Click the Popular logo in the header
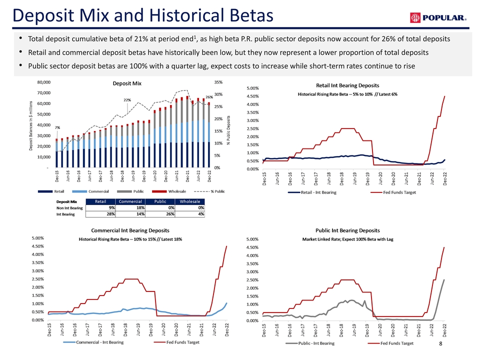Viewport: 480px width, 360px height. click(x=438, y=18)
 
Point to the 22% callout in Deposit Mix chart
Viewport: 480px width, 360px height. click(x=127, y=100)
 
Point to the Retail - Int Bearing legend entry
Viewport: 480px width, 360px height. click(x=317, y=192)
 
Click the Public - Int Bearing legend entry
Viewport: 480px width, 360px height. click(x=316, y=343)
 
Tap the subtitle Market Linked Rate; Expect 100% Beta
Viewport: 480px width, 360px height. click(x=347, y=239)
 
